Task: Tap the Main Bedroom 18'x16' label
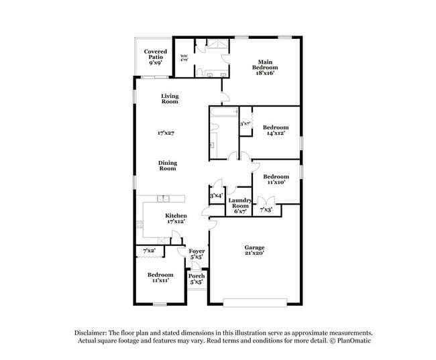[262, 68]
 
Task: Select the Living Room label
[170, 99]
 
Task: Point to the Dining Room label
[167, 166]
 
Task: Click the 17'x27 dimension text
[166, 133]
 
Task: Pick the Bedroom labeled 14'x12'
[276, 131]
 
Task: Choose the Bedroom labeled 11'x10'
[276, 180]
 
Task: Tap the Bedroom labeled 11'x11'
[160, 278]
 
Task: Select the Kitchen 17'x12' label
[167, 218]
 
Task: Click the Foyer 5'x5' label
[197, 253]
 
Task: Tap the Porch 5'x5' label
[197, 279]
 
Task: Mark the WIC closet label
[184, 58]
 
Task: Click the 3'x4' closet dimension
[216, 196]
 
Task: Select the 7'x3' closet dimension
[267, 211]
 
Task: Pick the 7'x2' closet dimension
[149, 251]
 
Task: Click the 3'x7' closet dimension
[246, 123]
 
